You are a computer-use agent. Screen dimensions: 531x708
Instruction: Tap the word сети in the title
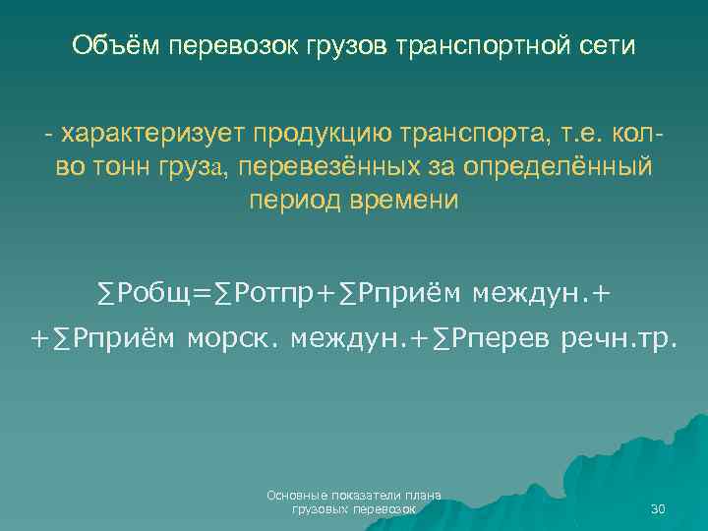(x=610, y=46)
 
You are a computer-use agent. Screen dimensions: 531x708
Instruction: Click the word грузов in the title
(x=334, y=46)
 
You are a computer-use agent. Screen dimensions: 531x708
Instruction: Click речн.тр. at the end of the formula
(x=619, y=339)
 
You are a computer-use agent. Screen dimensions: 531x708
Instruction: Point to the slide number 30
(x=658, y=509)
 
